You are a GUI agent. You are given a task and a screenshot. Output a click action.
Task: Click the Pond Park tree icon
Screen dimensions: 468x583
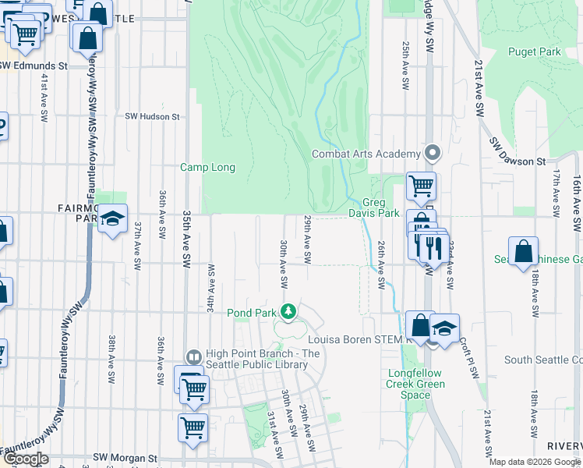pos(288,312)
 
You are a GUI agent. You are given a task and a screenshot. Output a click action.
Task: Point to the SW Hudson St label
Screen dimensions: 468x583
pos(153,116)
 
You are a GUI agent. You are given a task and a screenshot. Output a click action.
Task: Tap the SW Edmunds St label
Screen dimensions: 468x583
pos(34,66)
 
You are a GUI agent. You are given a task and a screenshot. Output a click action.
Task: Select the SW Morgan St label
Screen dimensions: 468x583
pos(125,458)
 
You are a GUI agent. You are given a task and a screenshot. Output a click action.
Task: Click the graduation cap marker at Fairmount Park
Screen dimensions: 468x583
pos(113,219)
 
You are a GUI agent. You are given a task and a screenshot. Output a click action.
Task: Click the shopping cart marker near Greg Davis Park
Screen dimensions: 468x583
pos(421,186)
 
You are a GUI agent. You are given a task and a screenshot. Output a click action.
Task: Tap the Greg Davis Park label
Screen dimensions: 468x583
pos(380,208)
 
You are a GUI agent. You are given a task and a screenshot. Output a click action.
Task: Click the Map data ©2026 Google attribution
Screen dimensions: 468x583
pos(535,462)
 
